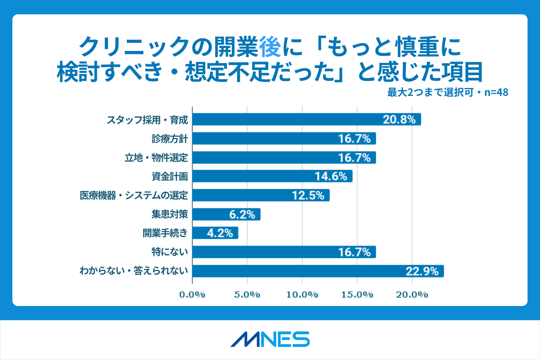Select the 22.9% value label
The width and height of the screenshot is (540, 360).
(x=422, y=271)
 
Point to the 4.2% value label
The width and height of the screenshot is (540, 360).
(x=220, y=233)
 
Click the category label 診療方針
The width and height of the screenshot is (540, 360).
(x=170, y=139)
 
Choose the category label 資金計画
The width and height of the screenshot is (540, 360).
(x=170, y=177)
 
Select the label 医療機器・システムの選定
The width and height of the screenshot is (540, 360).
(x=134, y=195)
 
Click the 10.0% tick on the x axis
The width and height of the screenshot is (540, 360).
(x=302, y=294)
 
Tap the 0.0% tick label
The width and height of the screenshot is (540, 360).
(x=192, y=294)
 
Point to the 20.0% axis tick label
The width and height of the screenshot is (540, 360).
(x=412, y=294)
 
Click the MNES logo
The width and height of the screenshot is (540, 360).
(x=270, y=339)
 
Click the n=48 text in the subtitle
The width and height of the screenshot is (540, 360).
(x=496, y=92)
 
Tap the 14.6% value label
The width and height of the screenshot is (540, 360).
(x=331, y=176)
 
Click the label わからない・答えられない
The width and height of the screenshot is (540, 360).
(x=134, y=271)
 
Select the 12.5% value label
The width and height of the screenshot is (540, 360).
(x=308, y=195)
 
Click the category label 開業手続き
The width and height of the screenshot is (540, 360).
(x=165, y=233)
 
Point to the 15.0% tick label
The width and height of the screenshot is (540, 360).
(x=357, y=294)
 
